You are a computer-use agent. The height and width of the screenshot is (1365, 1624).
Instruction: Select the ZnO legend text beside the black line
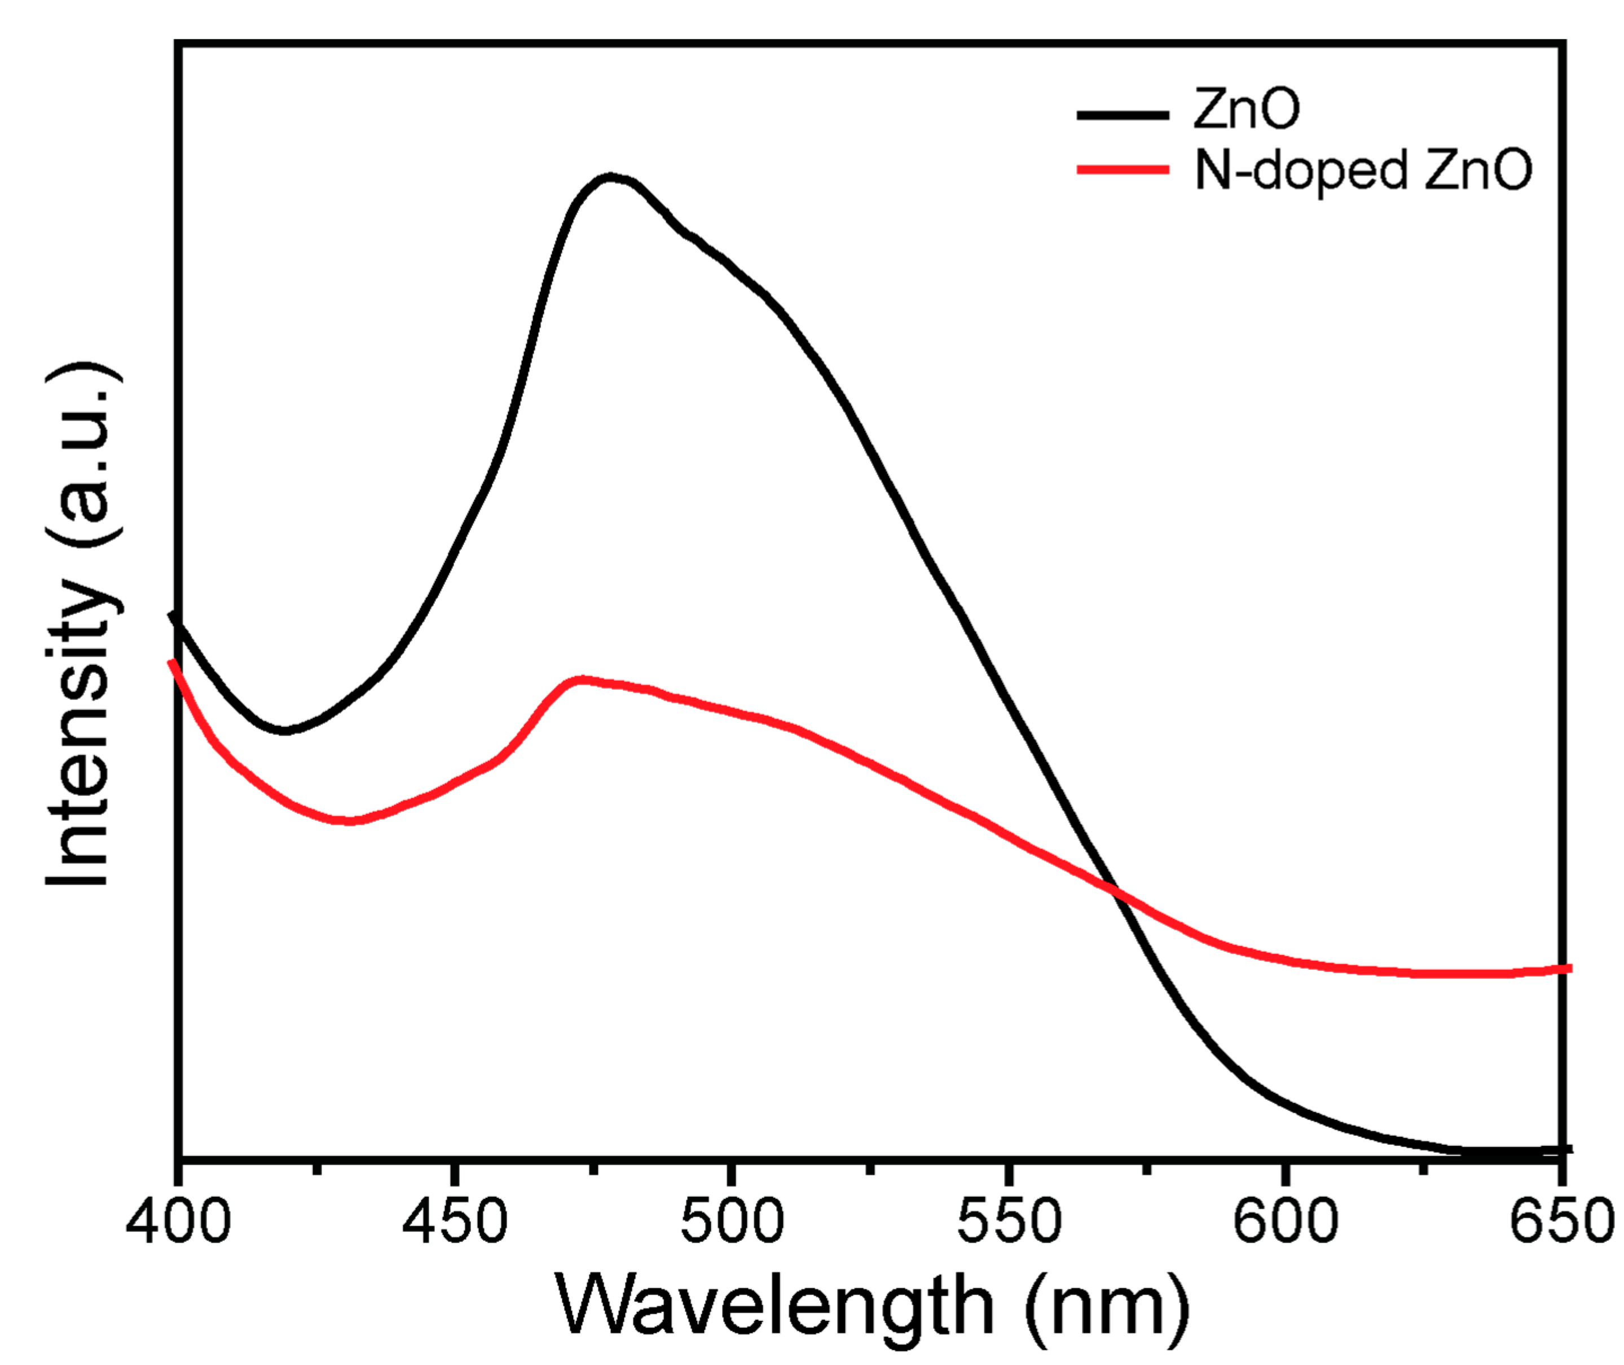(x=1246, y=110)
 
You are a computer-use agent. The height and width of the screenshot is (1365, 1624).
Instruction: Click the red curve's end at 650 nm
(x=1567, y=969)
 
